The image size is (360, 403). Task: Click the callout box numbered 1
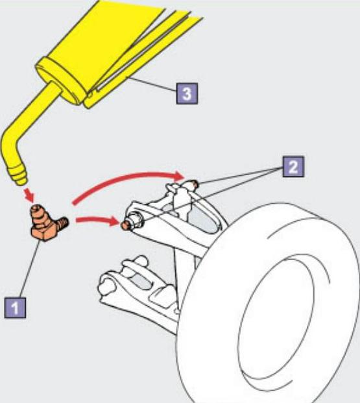15,308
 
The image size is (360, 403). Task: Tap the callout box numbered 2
293,167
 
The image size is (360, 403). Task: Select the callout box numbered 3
187,93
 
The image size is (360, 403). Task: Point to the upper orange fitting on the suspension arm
195,184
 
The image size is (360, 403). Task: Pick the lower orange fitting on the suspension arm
125,225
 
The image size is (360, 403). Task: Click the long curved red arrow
128,183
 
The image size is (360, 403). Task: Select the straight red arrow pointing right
98,221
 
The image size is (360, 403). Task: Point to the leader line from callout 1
30,269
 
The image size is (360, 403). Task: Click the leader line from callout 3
151,84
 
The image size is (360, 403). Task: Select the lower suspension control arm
139,291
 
